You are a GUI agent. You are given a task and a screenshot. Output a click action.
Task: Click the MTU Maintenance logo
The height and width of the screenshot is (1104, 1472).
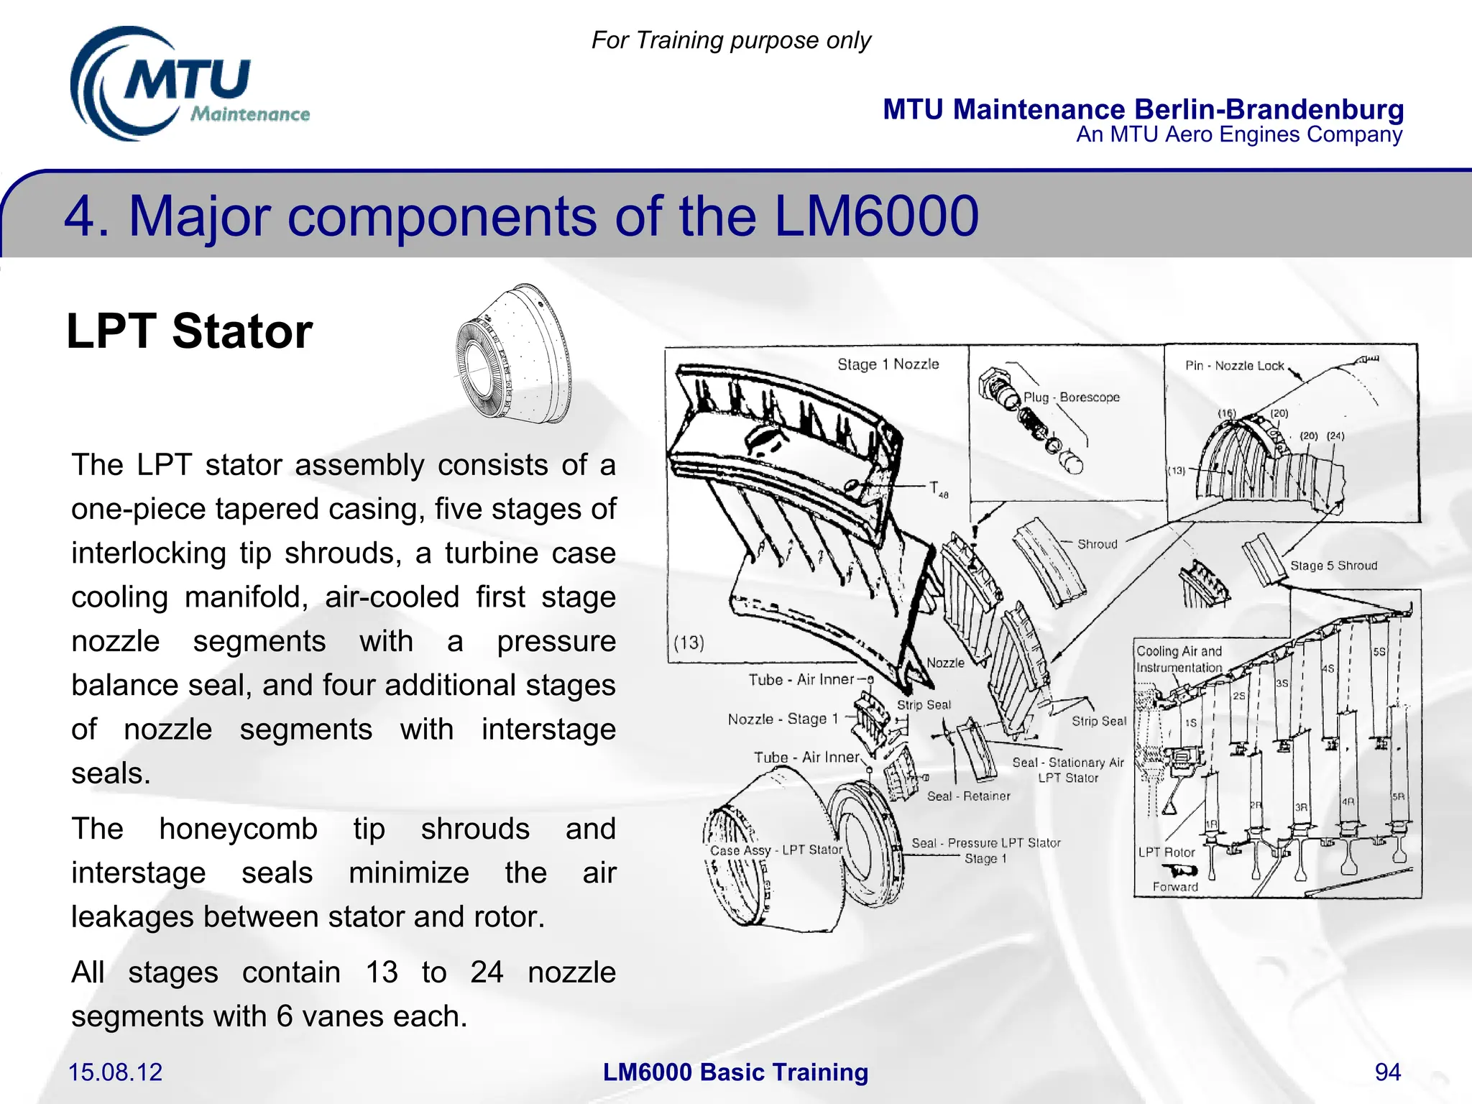coord(188,85)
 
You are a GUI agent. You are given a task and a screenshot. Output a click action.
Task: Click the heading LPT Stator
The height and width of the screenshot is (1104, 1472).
coord(189,331)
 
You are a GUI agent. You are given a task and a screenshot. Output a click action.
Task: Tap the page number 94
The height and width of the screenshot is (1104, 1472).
coord(1387,1072)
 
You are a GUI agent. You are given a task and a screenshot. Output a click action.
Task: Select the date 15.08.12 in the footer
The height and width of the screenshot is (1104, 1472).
coord(115,1072)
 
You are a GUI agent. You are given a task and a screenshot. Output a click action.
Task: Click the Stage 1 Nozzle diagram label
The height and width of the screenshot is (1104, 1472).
coord(888,364)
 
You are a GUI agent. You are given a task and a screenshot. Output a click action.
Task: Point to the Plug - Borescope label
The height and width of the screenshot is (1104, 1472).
coord(1071,397)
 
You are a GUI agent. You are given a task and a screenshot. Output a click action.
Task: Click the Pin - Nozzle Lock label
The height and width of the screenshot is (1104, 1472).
coord(1234,366)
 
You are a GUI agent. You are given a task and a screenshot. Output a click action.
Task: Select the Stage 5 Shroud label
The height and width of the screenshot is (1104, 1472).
coord(1333,566)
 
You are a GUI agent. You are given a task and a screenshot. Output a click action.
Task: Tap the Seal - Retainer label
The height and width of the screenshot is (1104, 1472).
coord(968,796)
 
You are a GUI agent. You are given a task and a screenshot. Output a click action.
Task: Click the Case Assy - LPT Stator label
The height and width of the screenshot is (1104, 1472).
coord(776,850)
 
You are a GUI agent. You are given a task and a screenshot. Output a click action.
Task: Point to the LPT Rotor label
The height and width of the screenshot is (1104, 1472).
coord(1166,852)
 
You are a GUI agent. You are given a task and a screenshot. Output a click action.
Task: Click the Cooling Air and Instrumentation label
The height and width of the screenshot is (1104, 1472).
coord(1179,659)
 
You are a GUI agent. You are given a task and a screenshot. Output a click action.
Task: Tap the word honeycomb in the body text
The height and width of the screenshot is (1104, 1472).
coord(238,829)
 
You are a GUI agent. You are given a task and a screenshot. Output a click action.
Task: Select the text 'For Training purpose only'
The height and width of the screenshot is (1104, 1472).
coord(731,40)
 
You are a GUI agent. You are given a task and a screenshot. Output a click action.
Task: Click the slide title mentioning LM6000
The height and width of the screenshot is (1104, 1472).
coord(521,216)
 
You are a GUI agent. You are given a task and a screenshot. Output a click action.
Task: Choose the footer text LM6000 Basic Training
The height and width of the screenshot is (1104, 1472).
coord(735,1072)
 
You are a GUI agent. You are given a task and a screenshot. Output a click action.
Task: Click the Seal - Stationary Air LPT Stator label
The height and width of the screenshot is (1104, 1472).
coord(1067,770)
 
